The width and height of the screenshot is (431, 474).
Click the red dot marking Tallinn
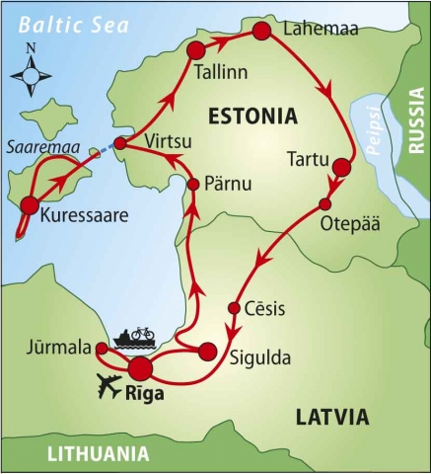click(195, 50)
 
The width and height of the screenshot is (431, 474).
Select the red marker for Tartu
click(341, 167)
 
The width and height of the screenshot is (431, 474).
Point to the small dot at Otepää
click(324, 203)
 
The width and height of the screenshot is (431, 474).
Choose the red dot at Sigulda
click(207, 351)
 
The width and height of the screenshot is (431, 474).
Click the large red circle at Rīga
click(141, 368)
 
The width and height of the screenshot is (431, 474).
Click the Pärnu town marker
click(193, 185)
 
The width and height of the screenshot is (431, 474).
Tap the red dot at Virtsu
click(119, 144)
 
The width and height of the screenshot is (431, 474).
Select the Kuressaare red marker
click(30, 206)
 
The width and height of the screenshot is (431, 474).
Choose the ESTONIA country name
click(251, 118)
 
